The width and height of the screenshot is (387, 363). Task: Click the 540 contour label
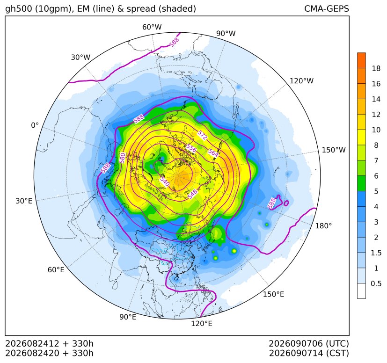click(x=164, y=181)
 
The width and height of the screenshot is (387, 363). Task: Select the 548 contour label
click(x=192, y=194)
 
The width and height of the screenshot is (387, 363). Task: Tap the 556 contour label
click(x=191, y=148)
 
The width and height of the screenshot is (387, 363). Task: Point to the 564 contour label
click(x=213, y=153)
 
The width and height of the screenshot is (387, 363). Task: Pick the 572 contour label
click(x=202, y=135)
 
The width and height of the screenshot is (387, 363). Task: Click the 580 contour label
click(x=122, y=158)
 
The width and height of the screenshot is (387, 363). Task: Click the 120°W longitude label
click(x=301, y=81)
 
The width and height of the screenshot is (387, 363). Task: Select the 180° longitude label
click(x=323, y=225)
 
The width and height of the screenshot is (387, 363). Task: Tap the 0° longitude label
click(x=35, y=125)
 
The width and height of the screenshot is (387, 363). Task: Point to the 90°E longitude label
click(x=128, y=317)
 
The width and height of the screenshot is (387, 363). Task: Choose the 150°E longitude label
click(x=273, y=294)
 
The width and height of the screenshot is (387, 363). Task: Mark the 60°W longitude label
click(x=152, y=27)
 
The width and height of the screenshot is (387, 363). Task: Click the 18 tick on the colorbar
click(x=376, y=68)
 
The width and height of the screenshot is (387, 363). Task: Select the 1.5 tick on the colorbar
click(x=376, y=253)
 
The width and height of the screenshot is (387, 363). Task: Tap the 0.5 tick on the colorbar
click(x=376, y=283)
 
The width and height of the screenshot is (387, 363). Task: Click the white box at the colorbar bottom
click(x=361, y=291)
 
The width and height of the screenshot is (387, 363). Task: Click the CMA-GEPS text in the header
click(x=327, y=8)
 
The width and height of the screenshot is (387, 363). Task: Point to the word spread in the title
click(x=140, y=9)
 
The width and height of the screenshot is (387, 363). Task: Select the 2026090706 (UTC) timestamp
click(x=309, y=343)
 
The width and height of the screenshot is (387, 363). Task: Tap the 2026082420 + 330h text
click(x=49, y=353)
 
